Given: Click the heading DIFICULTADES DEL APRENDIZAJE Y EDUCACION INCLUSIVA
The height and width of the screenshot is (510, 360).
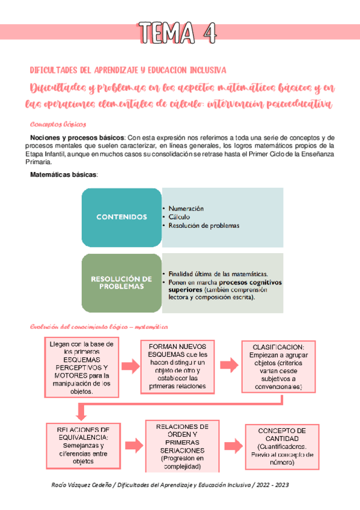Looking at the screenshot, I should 127,70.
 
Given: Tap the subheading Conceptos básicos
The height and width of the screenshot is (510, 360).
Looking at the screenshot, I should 58,124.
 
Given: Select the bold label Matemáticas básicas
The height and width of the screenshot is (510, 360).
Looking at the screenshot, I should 64,174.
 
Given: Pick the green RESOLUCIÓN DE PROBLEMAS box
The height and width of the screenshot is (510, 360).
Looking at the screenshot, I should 121,283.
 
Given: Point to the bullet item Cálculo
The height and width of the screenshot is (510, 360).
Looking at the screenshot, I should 181,217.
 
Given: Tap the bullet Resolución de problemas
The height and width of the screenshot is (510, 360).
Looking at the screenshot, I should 204,226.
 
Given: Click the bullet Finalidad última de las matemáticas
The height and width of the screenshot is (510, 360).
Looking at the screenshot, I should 218,272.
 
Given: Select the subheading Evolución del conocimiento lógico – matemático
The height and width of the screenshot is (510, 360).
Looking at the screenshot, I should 99,327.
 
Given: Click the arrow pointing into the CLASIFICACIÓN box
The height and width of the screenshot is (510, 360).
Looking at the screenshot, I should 227,366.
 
